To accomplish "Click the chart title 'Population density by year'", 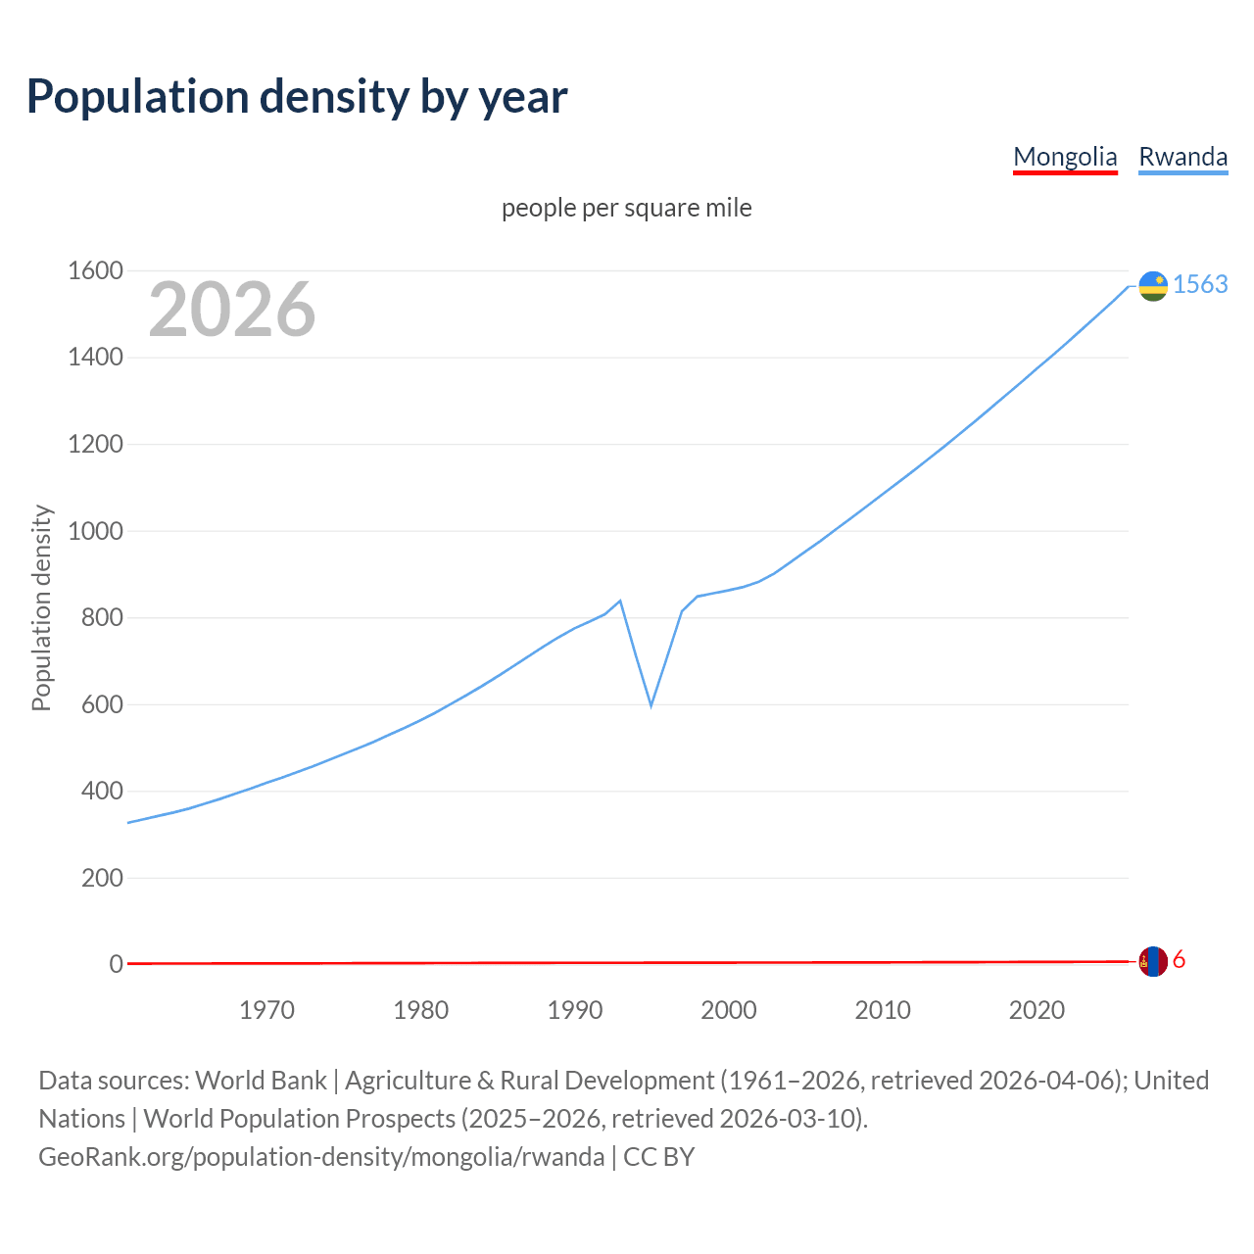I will point(297,97).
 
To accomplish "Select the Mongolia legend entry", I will point(1065,157).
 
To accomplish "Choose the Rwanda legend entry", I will point(1182,157).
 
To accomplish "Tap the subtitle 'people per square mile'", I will point(627,208).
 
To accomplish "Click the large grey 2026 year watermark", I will point(232,310).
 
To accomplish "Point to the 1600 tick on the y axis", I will point(95,270).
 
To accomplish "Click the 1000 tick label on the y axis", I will point(95,531).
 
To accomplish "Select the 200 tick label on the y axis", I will point(102,878).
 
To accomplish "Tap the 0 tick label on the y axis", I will point(116,964).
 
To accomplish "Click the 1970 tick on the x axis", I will point(266,1010).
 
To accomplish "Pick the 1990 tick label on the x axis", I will point(575,1010).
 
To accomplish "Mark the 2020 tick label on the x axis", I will point(1037,1010).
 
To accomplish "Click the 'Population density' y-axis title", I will point(41,607).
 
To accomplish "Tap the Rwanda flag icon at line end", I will point(1153,285).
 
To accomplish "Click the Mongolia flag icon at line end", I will point(1153,961).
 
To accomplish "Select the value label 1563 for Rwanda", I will point(1200,284).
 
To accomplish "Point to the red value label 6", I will point(1179,960).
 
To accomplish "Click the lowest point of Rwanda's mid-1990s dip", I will point(651,705).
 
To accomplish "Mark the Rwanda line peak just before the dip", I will point(620,601).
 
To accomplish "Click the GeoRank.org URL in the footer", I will point(321,1157).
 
